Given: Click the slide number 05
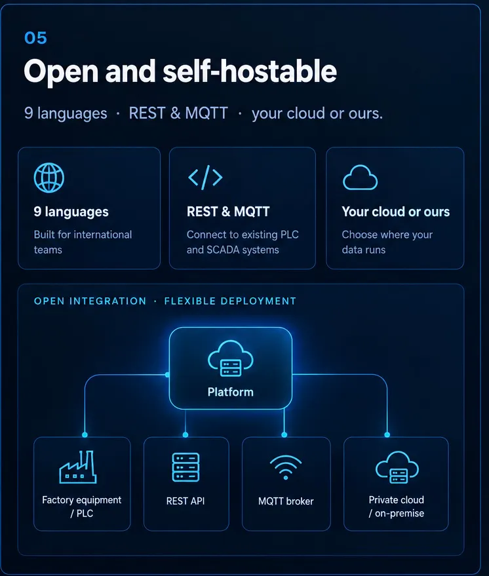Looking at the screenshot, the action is tap(35, 38).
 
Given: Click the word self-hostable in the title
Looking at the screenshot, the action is tap(250, 71).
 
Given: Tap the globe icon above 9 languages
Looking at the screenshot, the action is tap(49, 178).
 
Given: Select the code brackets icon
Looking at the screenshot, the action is tap(205, 177).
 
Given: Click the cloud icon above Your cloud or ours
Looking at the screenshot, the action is tap(360, 178).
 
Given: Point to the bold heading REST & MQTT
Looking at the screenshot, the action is tap(228, 212).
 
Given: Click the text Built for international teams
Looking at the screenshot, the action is tap(83, 242).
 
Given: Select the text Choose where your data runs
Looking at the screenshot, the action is tap(387, 242).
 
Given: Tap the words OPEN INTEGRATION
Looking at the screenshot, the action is tap(90, 301).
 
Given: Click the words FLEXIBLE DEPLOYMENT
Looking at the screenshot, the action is tap(230, 301).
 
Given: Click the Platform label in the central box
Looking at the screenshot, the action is tap(230, 392).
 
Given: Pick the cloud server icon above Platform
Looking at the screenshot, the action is tap(230, 358).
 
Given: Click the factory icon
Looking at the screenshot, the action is tap(78, 467).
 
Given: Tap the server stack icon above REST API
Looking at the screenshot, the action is tap(186, 467).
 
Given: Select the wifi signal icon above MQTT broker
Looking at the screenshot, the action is tap(285, 467).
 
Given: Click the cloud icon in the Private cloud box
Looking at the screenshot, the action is tap(397, 467).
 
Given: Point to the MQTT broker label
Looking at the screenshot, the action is tap(286, 501).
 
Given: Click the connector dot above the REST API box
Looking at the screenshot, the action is tap(185, 435).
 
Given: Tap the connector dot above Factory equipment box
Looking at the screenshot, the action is tap(85, 435).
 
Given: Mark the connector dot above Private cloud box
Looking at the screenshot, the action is tap(387, 435).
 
